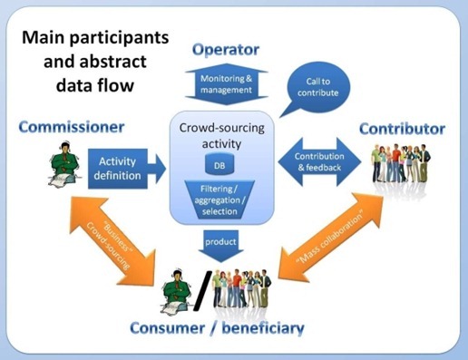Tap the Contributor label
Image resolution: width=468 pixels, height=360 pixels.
coord(401,129)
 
